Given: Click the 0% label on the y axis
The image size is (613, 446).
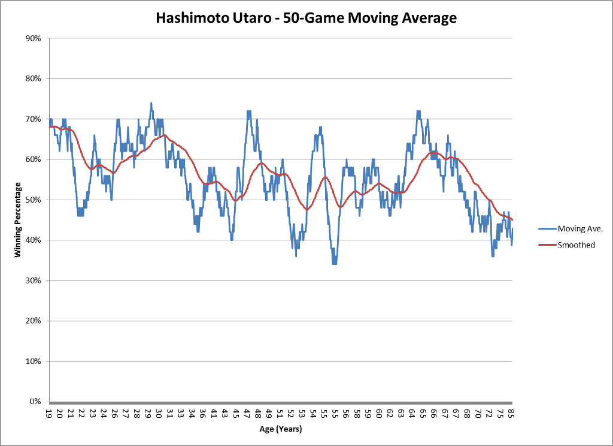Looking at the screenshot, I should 35,402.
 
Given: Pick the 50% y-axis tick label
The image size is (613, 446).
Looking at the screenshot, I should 32,200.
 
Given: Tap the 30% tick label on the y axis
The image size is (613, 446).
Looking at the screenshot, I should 32,281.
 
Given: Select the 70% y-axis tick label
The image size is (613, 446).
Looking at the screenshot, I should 32,119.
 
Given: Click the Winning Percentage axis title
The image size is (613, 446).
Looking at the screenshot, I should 19,219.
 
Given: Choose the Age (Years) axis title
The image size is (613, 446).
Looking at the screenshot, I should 281,429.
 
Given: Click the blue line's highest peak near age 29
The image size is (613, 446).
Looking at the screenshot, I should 151,103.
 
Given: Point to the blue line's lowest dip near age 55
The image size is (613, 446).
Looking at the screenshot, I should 334,264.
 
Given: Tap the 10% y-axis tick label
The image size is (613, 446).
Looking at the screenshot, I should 32,361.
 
